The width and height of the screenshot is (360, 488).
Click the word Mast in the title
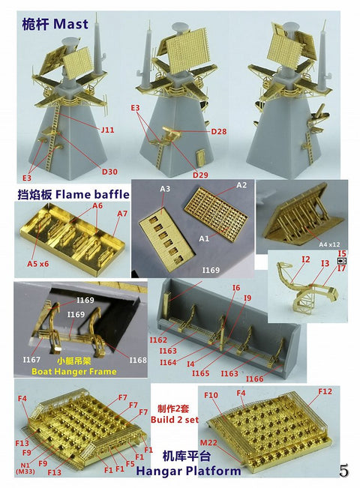tap(70, 23)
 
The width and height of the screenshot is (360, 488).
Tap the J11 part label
tap(108, 129)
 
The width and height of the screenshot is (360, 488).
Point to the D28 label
tap(219, 132)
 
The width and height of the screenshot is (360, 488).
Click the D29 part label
tap(199, 175)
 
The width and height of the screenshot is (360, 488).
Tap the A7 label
tap(121, 214)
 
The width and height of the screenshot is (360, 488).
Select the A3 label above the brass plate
tap(164, 190)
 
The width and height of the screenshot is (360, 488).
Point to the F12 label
tap(325, 392)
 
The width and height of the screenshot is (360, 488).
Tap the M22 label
tap(208, 442)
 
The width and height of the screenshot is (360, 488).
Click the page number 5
tap(343, 472)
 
